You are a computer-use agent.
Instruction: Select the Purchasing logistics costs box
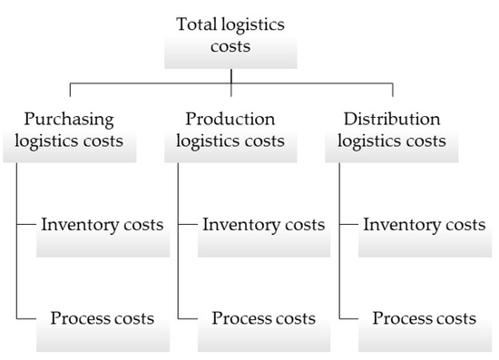pos(69,131)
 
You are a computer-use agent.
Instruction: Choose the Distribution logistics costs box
pos(394,131)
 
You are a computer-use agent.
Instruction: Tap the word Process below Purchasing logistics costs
pos(77,318)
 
